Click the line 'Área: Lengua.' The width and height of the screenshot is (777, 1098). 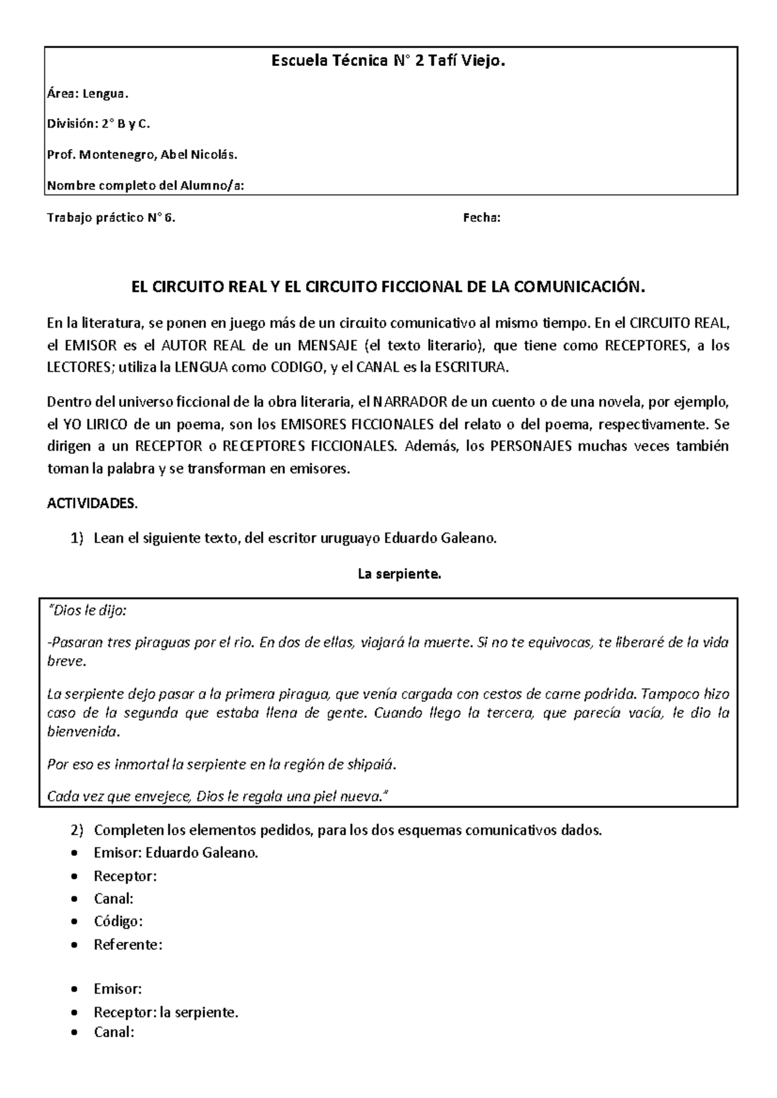(87, 95)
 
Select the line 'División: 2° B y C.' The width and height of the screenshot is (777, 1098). (98, 124)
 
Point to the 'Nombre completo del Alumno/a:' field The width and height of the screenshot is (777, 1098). (146, 186)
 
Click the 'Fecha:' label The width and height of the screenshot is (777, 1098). (481, 218)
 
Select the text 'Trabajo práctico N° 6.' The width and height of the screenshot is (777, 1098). (111, 218)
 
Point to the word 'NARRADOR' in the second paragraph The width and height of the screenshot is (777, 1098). (411, 402)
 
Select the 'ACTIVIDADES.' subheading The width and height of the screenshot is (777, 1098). (93, 504)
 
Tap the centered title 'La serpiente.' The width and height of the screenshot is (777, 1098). (399, 574)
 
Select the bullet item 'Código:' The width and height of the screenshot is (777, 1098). (118, 921)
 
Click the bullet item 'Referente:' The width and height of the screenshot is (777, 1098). (128, 945)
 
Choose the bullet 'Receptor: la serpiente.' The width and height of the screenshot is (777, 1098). (166, 1012)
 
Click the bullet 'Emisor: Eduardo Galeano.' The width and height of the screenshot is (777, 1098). (175, 853)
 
